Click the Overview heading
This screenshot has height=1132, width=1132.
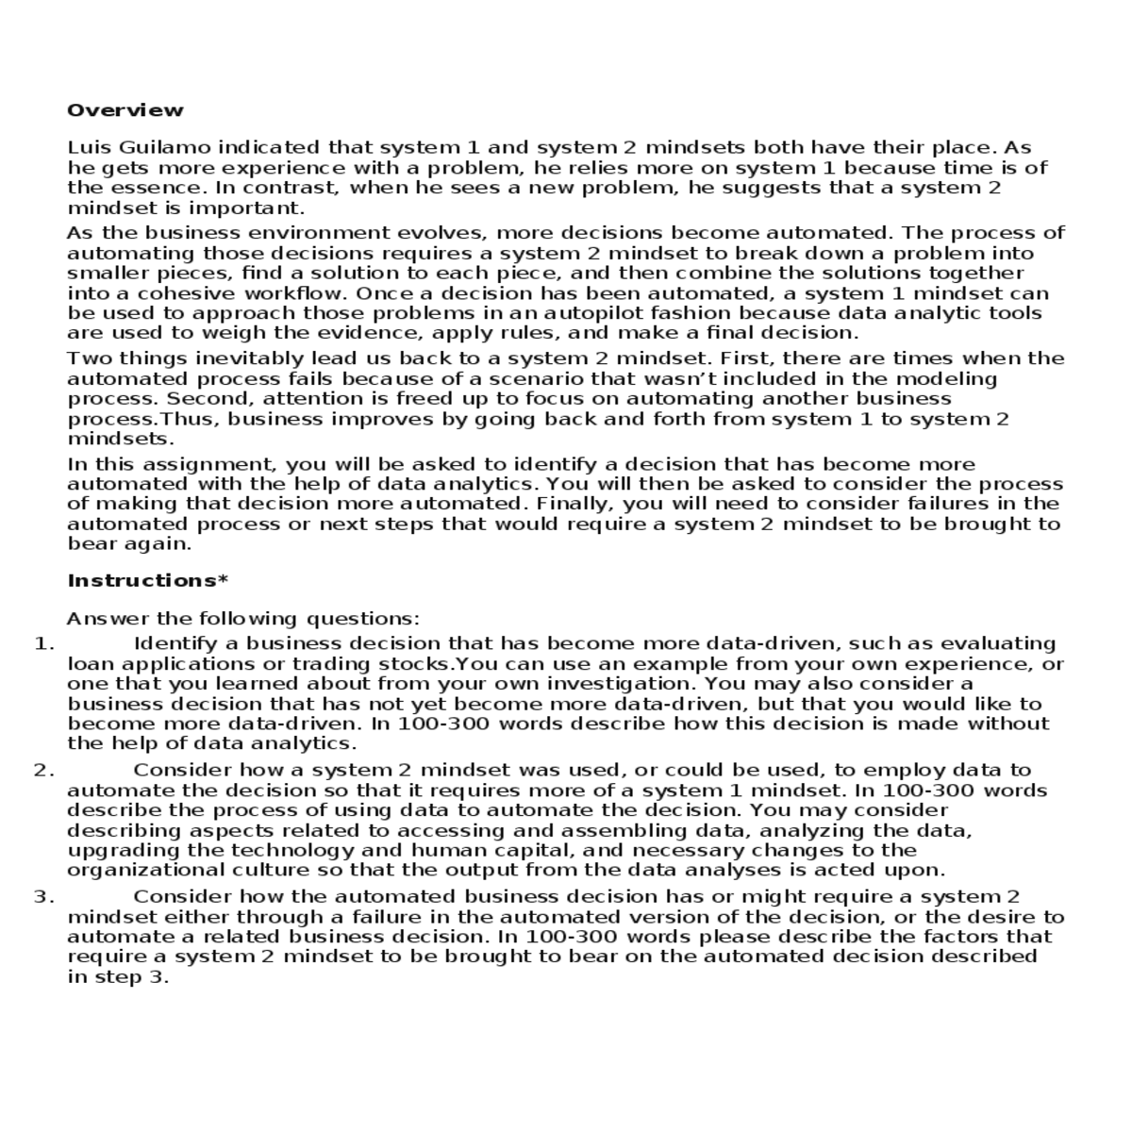point(125,110)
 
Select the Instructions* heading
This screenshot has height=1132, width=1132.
point(148,581)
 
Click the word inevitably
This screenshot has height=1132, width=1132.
point(255,358)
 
